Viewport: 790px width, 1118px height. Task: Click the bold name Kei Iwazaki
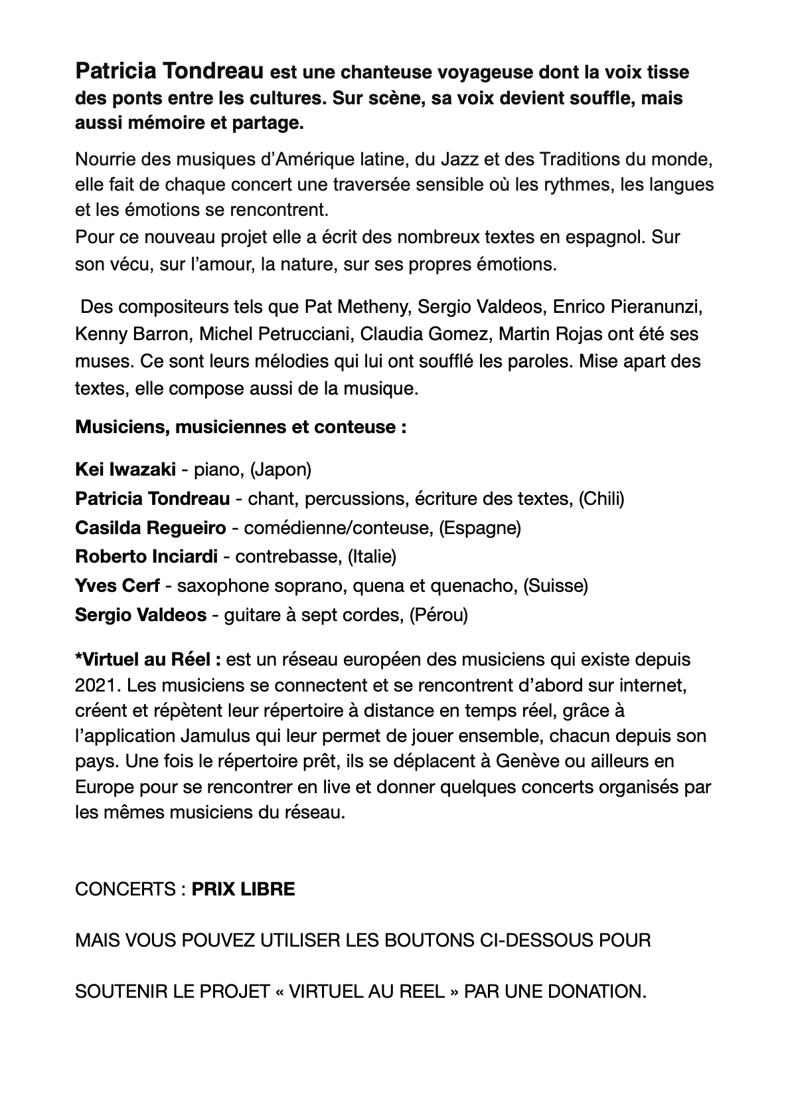pyautogui.click(x=125, y=470)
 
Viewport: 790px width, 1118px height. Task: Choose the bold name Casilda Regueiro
pyautogui.click(x=151, y=528)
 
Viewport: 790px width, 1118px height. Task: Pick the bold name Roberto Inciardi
pyautogui.click(x=147, y=557)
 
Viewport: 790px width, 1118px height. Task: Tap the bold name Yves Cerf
pyautogui.click(x=118, y=586)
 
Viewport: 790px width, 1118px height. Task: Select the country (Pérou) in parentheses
pyautogui.click(x=438, y=615)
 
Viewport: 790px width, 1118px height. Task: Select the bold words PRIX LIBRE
pyautogui.click(x=243, y=889)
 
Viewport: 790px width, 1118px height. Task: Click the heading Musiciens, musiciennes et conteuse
pyautogui.click(x=240, y=426)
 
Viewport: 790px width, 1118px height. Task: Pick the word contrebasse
pyautogui.click(x=289, y=557)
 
